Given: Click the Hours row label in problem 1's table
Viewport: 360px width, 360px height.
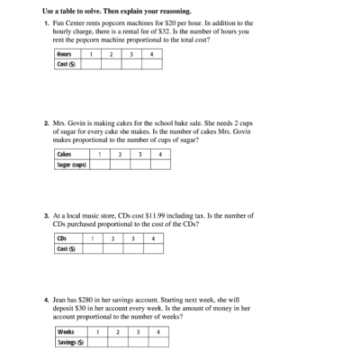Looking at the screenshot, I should point(64,54).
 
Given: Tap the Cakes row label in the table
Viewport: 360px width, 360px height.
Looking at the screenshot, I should point(64,154).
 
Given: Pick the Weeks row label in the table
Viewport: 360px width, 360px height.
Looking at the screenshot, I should point(66,332).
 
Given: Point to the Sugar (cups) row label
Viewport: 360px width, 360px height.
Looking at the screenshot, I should point(71,164).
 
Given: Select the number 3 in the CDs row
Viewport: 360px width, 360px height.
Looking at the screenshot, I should point(133,238).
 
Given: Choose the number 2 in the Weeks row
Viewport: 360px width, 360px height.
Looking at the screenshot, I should point(118,332).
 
